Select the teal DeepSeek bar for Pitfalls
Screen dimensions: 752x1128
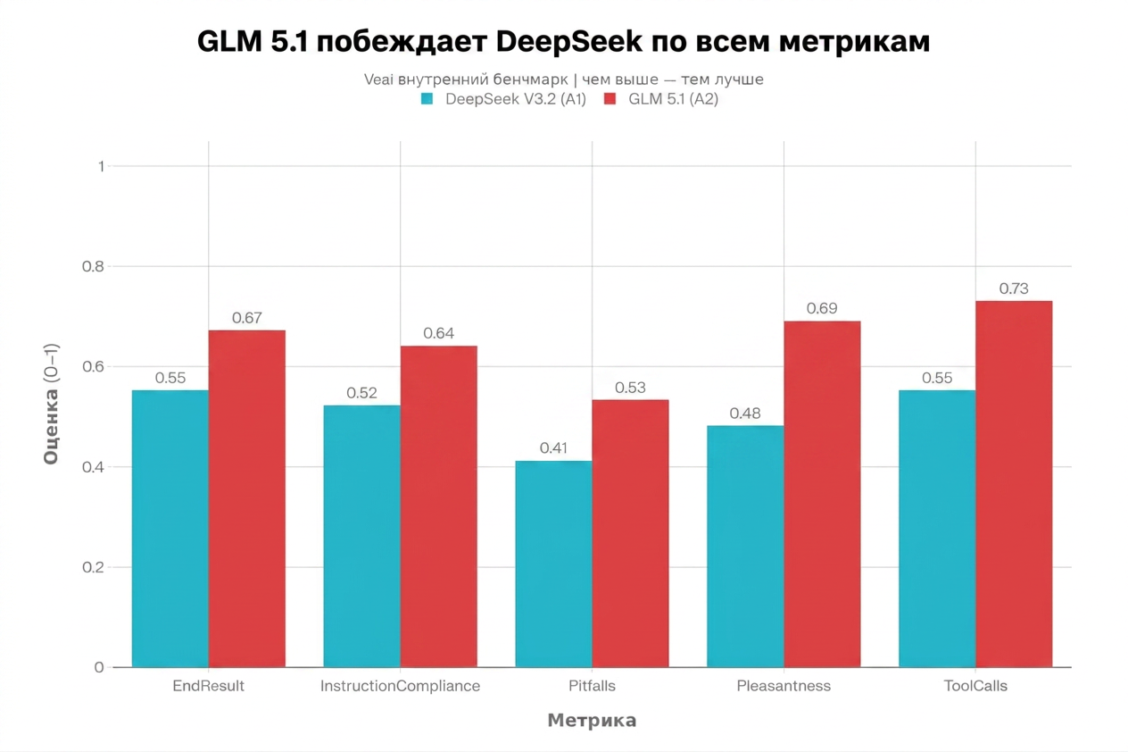click(x=553, y=564)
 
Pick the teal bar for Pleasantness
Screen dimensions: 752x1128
click(x=745, y=546)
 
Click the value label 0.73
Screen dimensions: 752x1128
click(x=1014, y=288)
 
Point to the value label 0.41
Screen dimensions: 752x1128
click(x=553, y=447)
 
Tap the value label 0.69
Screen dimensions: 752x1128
click(x=822, y=308)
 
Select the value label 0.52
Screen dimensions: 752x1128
click(x=361, y=392)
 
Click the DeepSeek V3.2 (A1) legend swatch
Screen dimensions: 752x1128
click(x=427, y=99)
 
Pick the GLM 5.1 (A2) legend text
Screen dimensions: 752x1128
click(x=673, y=99)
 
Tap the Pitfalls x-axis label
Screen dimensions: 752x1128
click(x=592, y=686)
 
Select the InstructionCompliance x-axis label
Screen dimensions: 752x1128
click(x=400, y=686)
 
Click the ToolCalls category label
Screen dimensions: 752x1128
click(x=975, y=686)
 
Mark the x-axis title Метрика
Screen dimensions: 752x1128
click(x=592, y=721)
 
